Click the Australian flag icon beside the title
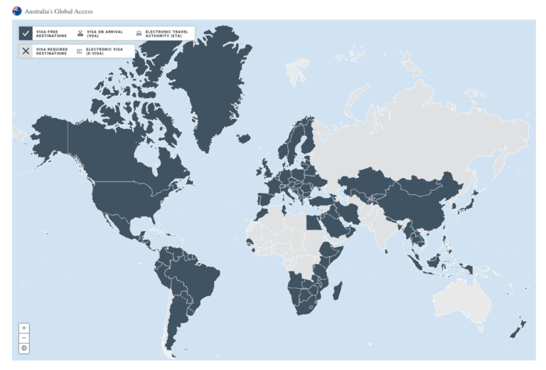tap(16, 11)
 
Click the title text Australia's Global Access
tap(58, 11)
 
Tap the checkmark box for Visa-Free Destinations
tap(26, 33)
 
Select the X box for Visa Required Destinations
tap(26, 51)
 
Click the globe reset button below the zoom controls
tap(25, 348)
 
